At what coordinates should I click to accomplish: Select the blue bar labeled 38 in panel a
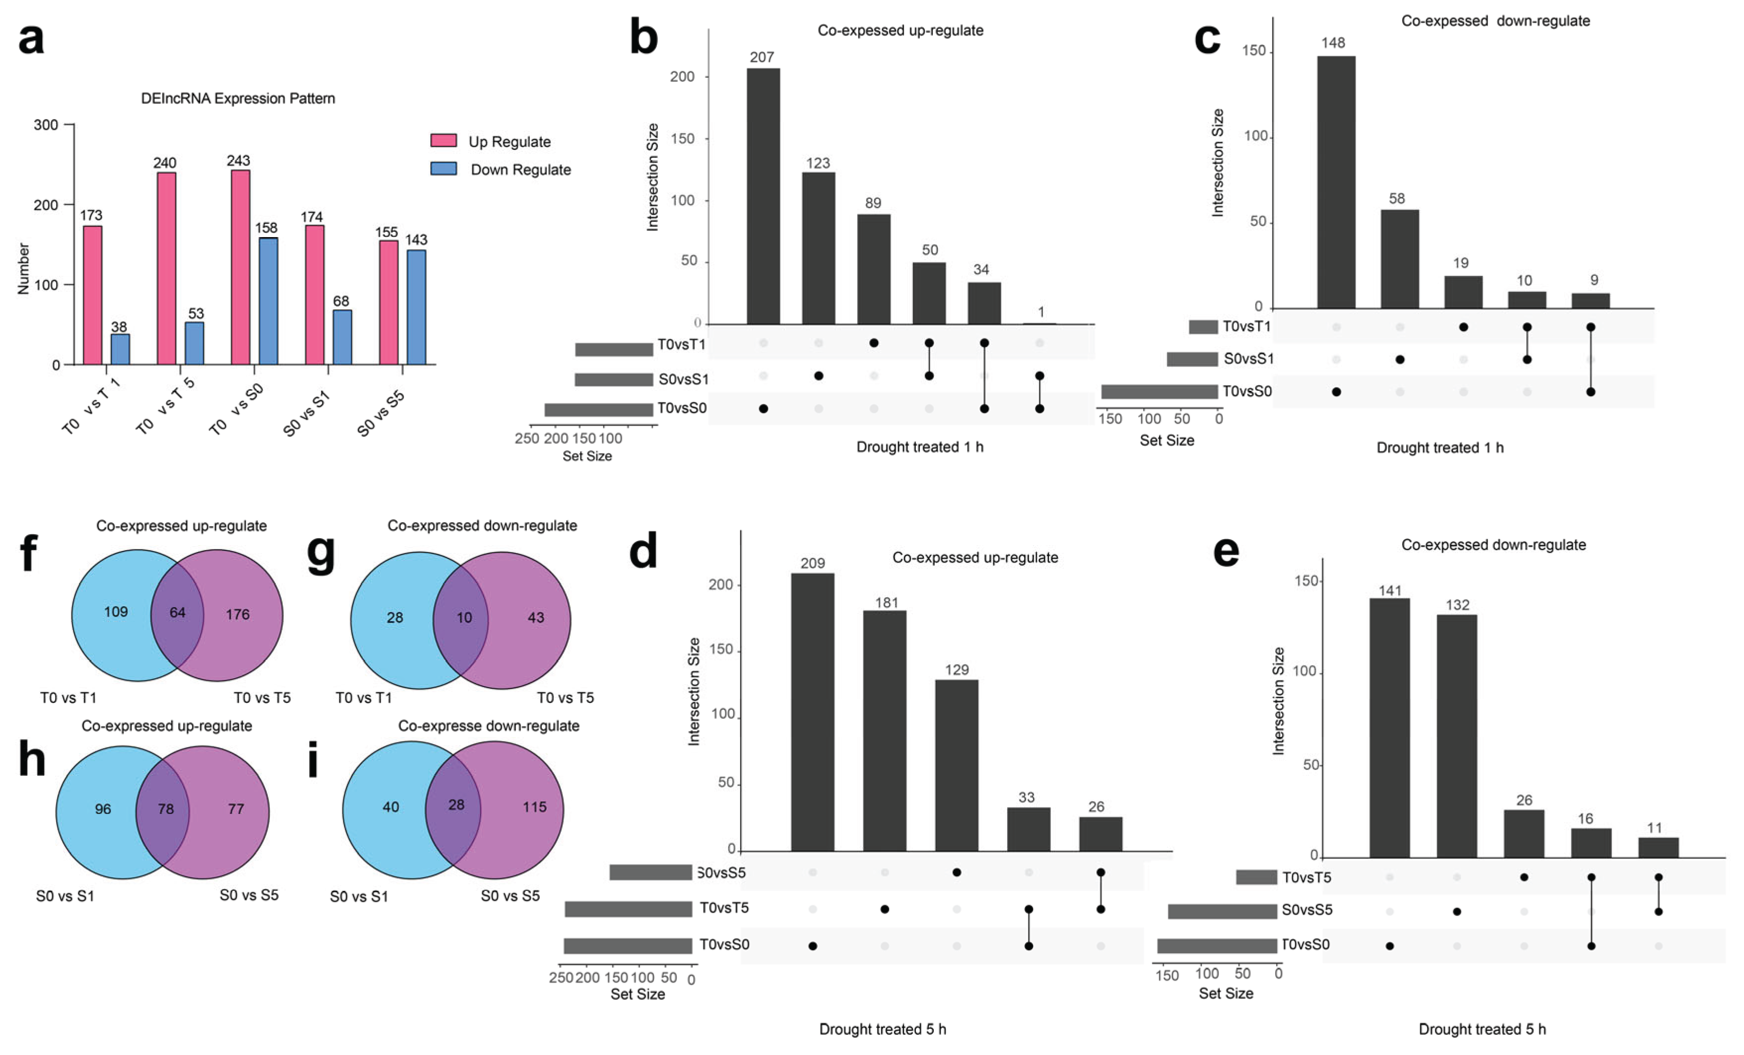click(x=121, y=350)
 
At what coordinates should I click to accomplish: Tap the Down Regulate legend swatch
click(x=444, y=169)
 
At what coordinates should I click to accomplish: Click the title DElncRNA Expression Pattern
click(x=238, y=98)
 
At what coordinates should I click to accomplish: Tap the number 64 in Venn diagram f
click(x=177, y=613)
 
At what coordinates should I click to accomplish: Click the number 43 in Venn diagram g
click(x=536, y=618)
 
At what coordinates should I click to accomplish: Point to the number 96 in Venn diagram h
click(x=103, y=809)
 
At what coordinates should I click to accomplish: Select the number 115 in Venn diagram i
click(x=534, y=807)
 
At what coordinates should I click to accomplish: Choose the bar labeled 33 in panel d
click(x=1029, y=829)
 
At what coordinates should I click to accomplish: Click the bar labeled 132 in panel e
click(x=1457, y=736)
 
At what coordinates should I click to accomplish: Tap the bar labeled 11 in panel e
click(x=1658, y=847)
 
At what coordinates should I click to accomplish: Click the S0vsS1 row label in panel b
click(x=683, y=379)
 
